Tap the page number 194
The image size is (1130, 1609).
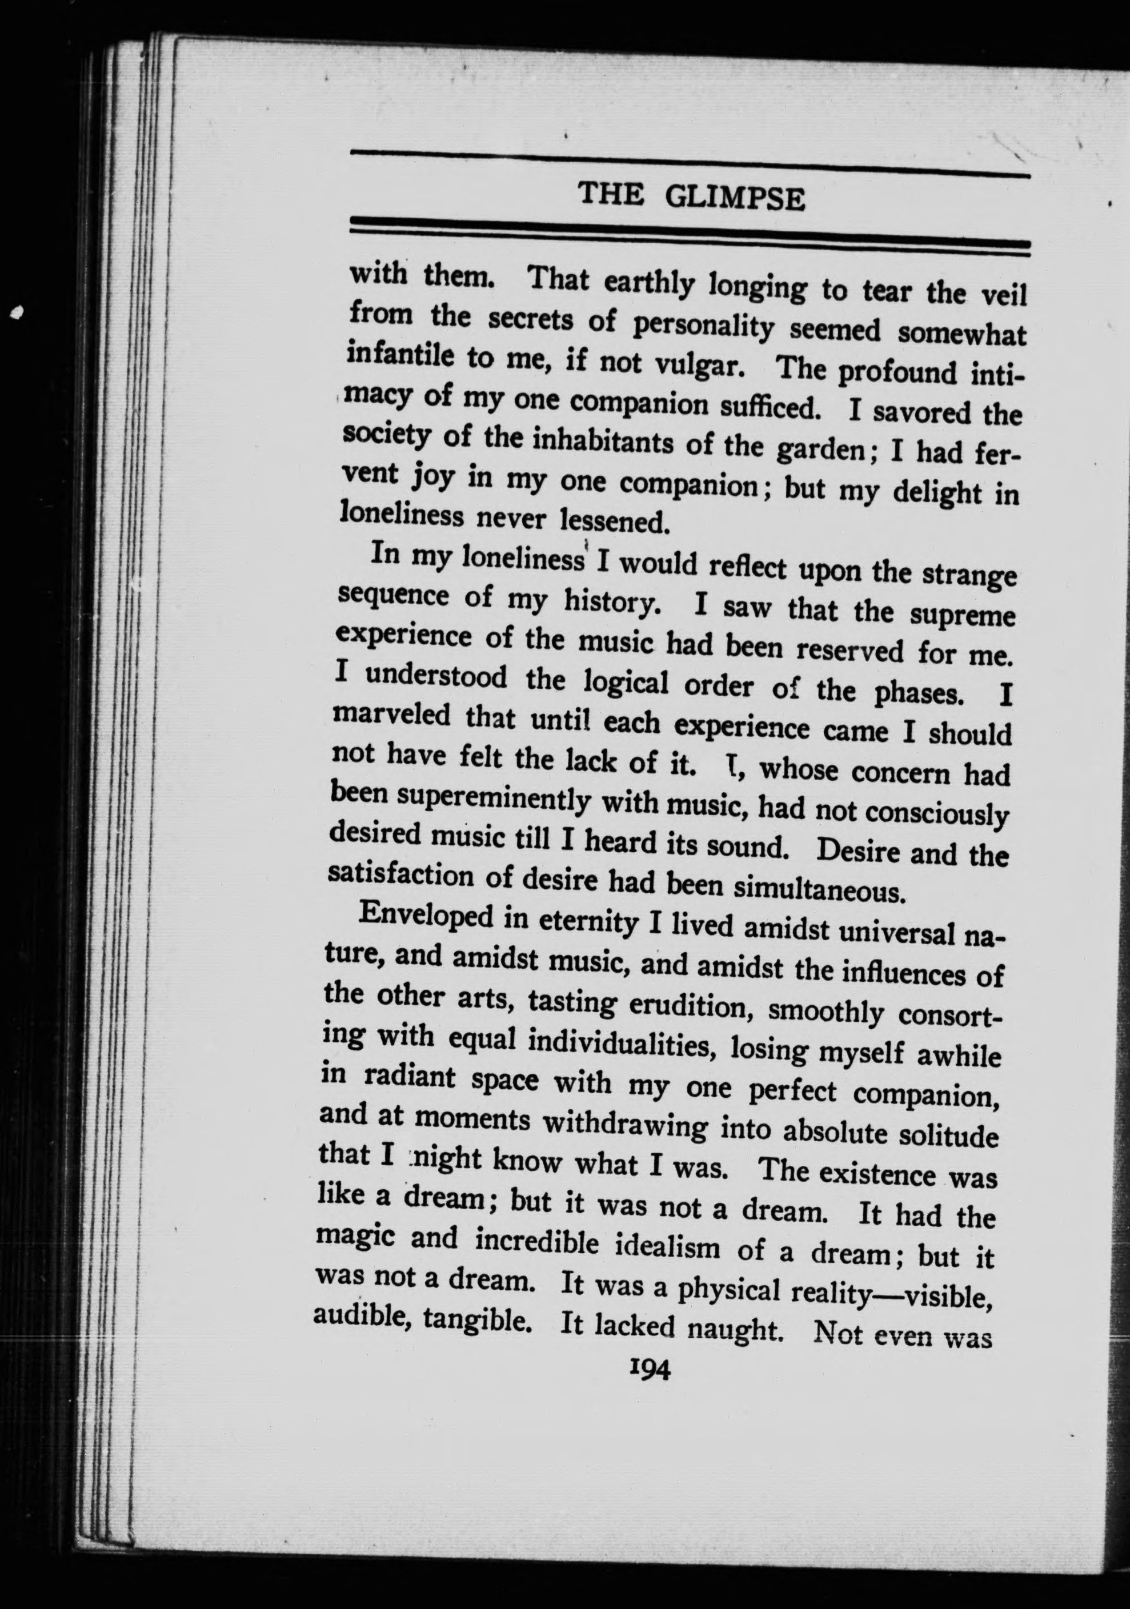point(651,1368)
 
